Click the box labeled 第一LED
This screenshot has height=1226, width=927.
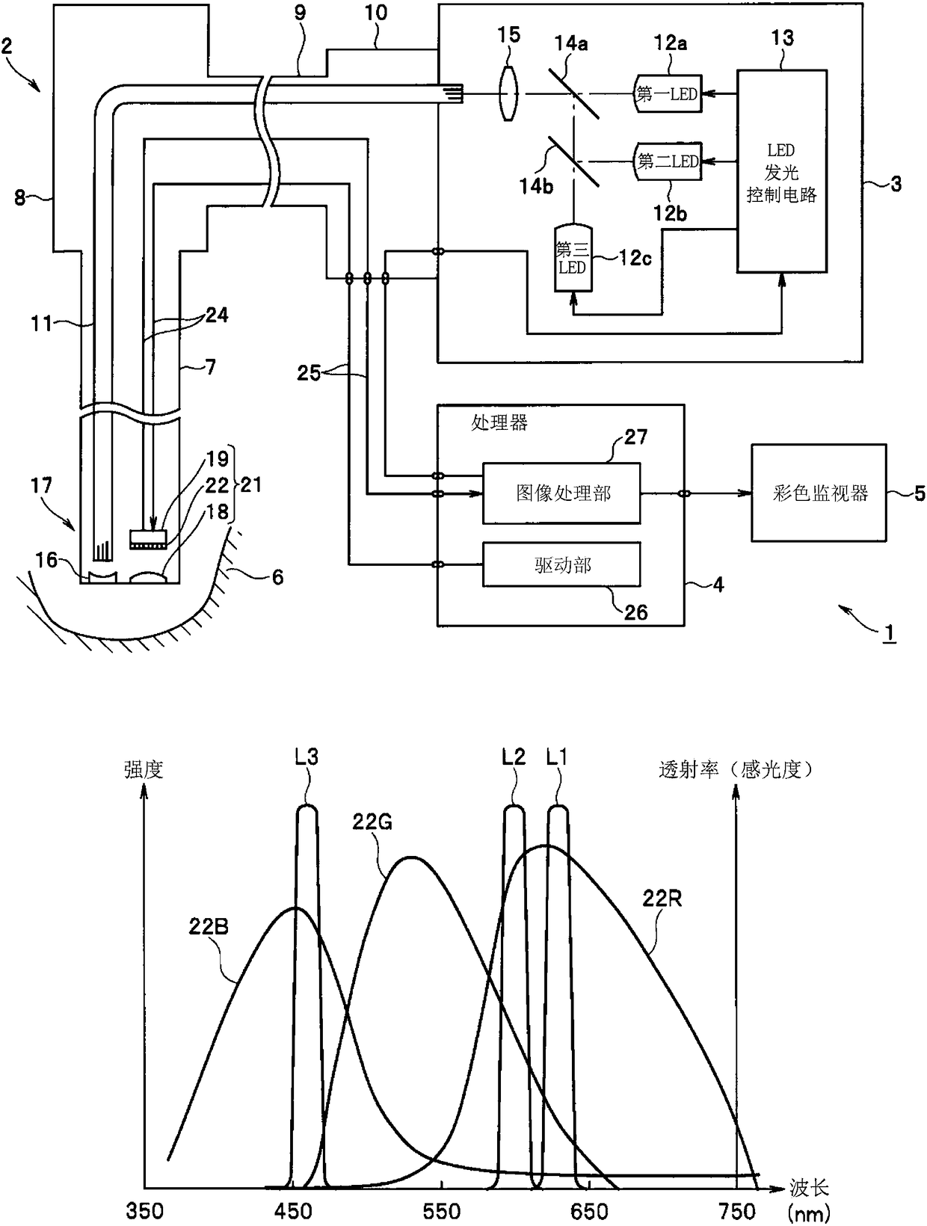668,93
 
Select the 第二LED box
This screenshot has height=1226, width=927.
668,161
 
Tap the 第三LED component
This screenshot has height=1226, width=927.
573,257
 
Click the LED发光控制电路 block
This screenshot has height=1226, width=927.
781,171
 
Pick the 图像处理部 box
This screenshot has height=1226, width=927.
561,493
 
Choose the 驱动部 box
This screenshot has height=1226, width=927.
561,564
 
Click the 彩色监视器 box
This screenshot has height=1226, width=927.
819,493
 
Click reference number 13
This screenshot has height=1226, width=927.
782,38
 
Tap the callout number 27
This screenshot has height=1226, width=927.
635,437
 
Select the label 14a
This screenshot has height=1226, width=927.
570,43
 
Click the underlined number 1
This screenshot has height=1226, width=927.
888,633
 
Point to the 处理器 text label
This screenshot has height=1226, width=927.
499,423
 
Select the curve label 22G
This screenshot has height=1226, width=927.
372,822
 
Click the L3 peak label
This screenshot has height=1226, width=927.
307,757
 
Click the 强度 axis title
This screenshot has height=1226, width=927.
144,770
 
